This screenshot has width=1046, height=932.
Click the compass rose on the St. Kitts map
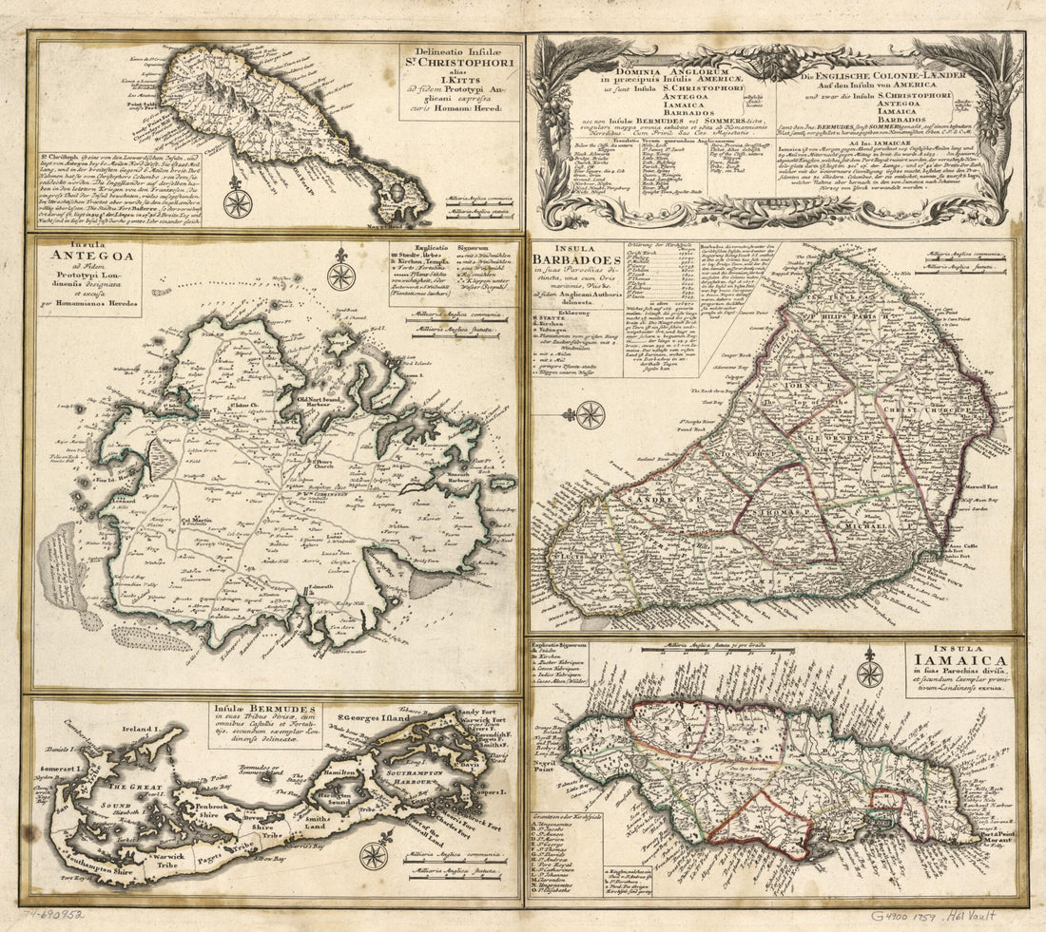click(238, 202)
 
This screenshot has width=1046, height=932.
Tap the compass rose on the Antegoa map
click(340, 275)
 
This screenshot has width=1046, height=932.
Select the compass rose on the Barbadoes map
click(590, 415)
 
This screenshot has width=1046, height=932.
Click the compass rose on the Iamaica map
click(869, 673)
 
